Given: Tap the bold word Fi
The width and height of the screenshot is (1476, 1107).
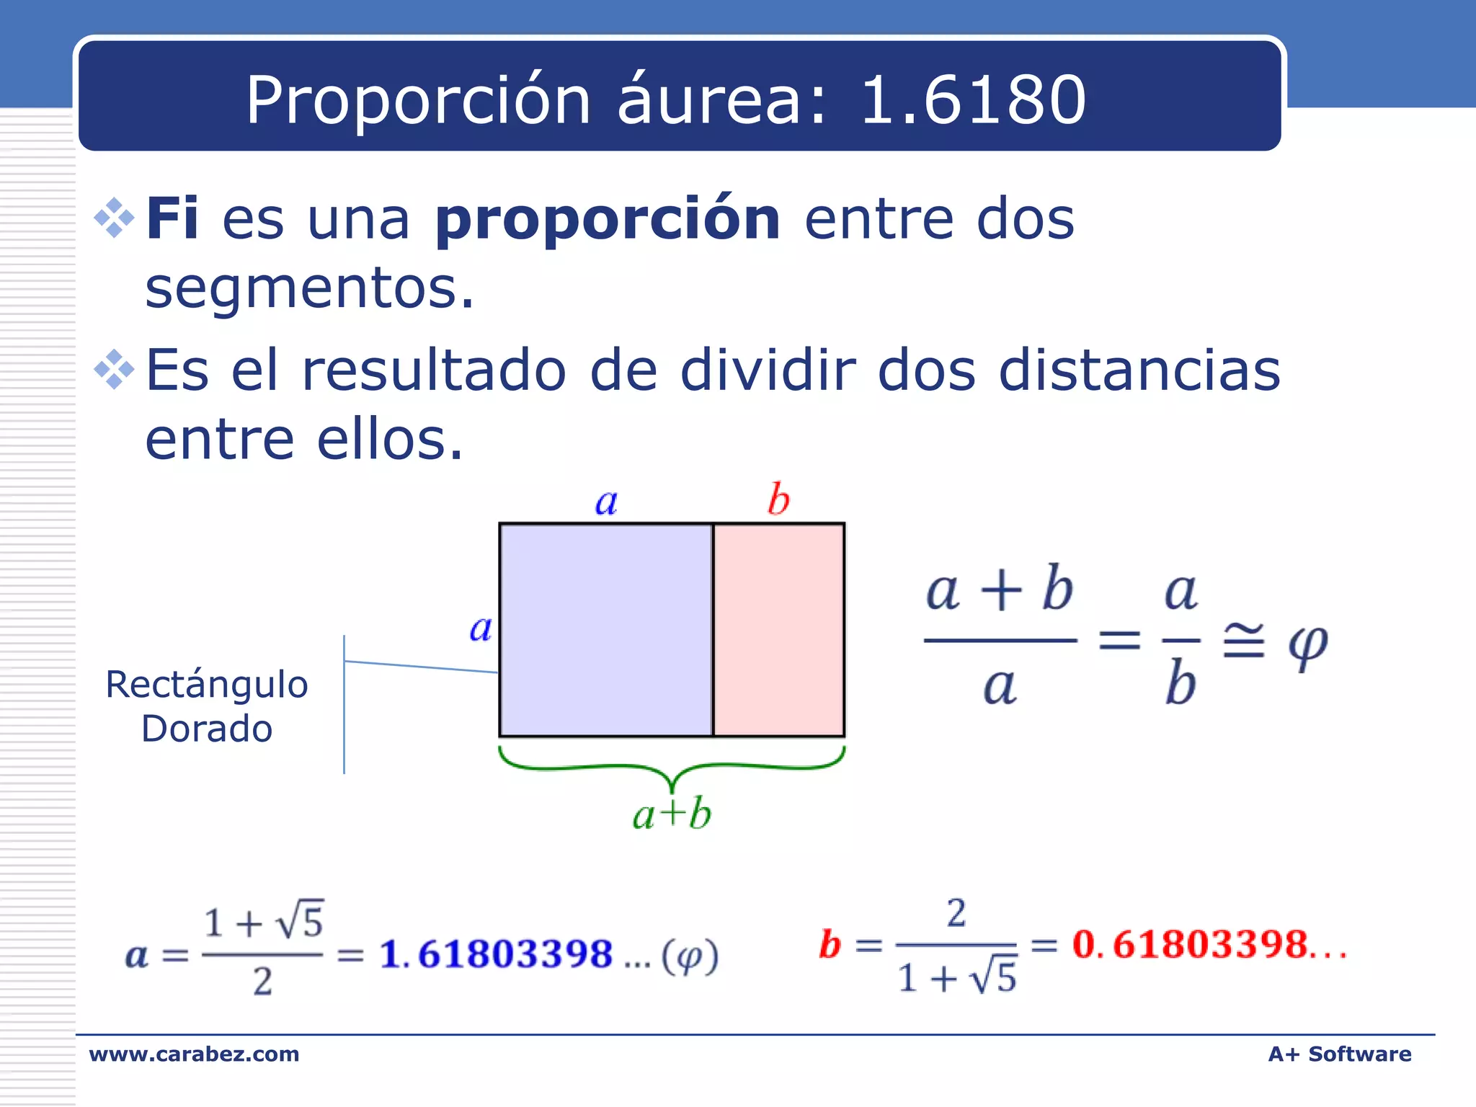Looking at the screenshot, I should (172, 218).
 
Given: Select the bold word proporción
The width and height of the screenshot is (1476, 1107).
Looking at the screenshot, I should (608, 220).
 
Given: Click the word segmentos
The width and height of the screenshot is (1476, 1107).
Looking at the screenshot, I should (310, 288).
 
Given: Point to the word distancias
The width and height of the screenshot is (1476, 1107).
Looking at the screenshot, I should (1139, 370).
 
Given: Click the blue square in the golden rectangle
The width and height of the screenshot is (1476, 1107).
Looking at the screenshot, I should (605, 630).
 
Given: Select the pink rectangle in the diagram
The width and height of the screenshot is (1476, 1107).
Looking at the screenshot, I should (778, 630).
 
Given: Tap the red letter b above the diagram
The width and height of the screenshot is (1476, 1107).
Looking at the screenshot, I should (778, 499).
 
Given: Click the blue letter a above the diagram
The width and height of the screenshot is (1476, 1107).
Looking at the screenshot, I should (606, 502).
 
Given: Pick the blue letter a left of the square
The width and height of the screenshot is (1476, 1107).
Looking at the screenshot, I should (481, 628).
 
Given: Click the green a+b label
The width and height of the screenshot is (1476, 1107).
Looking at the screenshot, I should (672, 814).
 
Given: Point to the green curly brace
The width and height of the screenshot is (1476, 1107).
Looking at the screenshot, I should (672, 768).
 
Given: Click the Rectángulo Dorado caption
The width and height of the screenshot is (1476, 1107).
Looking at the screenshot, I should (207, 706).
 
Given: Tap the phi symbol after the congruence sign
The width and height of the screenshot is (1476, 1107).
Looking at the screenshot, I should (1307, 643).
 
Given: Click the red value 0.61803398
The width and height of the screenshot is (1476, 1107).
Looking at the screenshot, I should (1189, 944).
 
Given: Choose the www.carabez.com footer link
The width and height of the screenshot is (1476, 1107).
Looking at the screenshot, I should (194, 1054).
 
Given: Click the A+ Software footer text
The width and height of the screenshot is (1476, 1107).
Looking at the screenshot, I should (1339, 1054).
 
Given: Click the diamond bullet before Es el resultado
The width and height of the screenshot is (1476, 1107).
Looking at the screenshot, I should (115, 370).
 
